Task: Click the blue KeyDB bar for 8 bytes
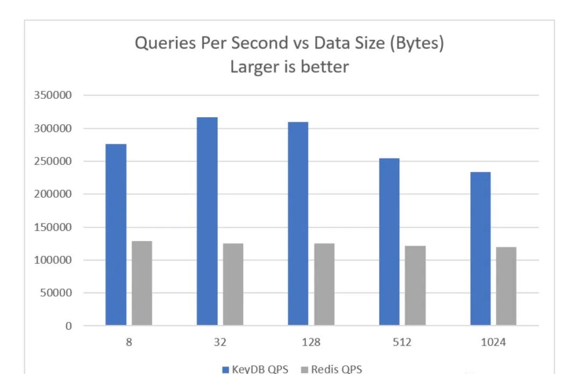coord(116,234)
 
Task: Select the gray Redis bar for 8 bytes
coord(142,283)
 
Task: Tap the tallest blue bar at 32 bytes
coord(207,221)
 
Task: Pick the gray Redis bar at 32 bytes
coord(233,284)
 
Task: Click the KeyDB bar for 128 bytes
coord(298,224)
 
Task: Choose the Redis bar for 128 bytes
coord(324,284)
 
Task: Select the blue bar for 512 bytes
coord(389,241)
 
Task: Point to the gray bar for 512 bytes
coord(415,285)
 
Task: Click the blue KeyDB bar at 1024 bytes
coord(480,248)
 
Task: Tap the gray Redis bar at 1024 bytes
coord(506,286)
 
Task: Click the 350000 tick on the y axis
coord(53,95)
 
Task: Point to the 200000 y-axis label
coord(53,193)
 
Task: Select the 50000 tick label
coord(56,292)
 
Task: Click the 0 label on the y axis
coord(68,326)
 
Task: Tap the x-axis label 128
coord(311,342)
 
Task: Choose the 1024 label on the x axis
coord(493,342)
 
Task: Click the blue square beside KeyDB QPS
coord(225,370)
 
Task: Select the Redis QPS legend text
coord(336,369)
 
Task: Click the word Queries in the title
coord(165,44)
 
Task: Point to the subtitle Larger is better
coord(289,67)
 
